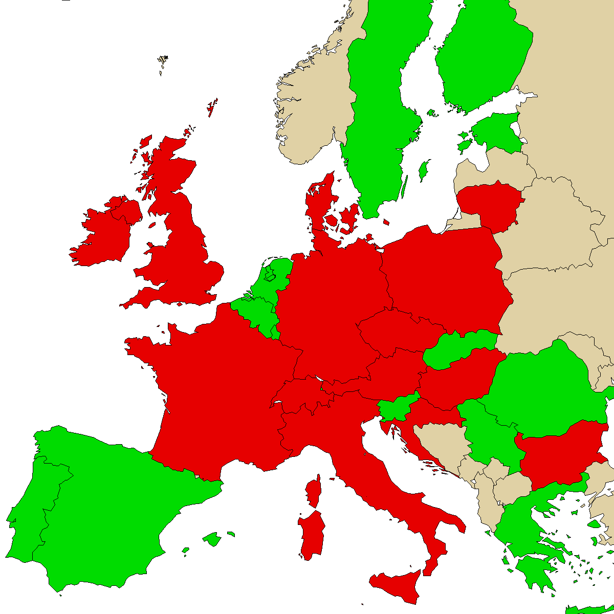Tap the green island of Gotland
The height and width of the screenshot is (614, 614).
[423, 170]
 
